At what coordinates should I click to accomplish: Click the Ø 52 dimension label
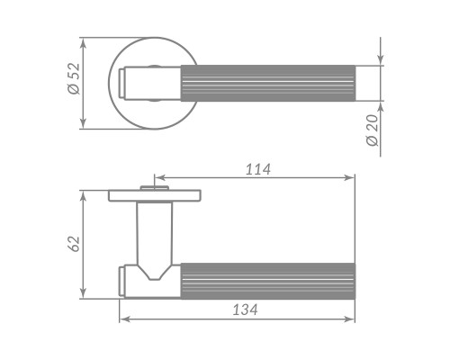point(74,78)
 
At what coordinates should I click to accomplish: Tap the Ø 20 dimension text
point(373,130)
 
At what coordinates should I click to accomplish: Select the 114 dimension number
point(258,169)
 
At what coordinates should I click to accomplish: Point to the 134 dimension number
point(245,310)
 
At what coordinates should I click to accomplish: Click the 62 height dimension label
point(74,244)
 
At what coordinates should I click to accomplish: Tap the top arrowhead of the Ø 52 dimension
point(83,43)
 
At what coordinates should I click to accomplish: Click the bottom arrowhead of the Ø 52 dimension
point(83,124)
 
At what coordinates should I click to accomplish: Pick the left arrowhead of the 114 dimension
point(159,177)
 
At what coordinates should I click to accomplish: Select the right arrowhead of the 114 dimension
point(350,177)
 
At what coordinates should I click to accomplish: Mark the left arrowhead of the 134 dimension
point(124,319)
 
